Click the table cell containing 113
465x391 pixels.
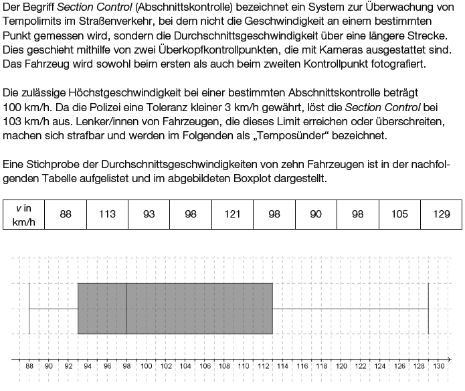pyautogui.click(x=107, y=214)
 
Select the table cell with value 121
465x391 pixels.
pyautogui.click(x=232, y=214)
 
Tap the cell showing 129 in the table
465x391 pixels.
pyautogui.click(x=441, y=214)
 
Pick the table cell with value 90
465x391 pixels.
pyautogui.click(x=316, y=214)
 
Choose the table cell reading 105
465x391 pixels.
pyautogui.click(x=399, y=214)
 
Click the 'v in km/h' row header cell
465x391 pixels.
pyautogui.click(x=23, y=214)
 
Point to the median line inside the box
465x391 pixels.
pyautogui.click(x=126, y=309)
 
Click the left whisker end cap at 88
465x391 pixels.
pyautogui.click(x=29, y=309)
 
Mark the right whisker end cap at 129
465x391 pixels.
pyautogui.click(x=428, y=309)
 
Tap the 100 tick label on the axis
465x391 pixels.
pyautogui.click(x=146, y=366)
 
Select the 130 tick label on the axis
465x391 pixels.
pyautogui.click(x=438, y=366)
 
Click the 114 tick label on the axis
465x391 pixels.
pyautogui.click(x=282, y=366)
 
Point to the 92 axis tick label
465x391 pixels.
pyautogui.click(x=68, y=366)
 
